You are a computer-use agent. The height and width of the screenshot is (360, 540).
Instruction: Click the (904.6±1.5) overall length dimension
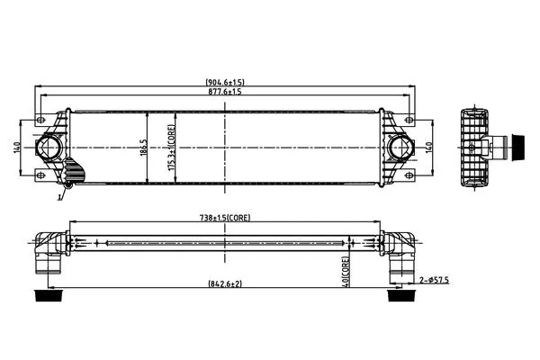tap(225, 82)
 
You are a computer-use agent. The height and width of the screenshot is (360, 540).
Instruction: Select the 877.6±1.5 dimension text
tap(225, 91)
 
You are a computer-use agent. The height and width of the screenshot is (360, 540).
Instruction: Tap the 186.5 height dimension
tap(144, 148)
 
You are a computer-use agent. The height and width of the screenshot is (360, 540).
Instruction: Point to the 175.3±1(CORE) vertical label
tap(172, 148)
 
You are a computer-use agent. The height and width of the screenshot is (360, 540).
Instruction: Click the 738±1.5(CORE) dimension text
tap(225, 218)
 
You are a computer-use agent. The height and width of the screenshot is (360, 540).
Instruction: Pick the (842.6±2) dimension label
tap(225, 283)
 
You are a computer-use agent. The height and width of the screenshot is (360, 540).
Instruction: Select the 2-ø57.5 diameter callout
tap(435, 280)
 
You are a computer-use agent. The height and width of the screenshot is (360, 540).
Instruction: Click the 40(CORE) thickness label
tap(346, 272)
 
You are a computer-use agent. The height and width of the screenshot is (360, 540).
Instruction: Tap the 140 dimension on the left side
tap(17, 148)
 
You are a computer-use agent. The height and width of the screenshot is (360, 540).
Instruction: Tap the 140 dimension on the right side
tap(428, 148)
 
